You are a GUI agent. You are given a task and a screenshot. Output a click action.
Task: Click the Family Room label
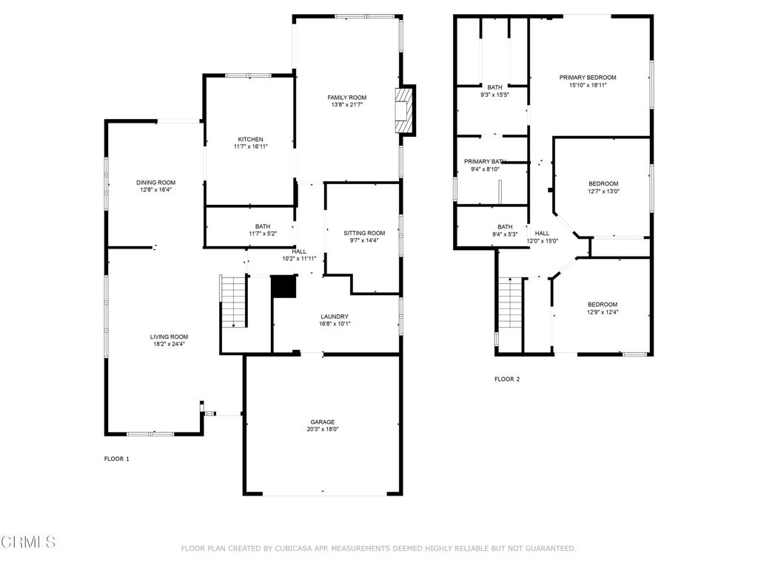(x=347, y=98)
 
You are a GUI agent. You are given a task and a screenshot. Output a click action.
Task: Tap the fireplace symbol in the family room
(x=403, y=111)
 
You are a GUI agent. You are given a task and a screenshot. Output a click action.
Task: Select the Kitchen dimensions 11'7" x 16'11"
(x=250, y=146)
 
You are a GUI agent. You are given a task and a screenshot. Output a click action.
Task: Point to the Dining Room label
(x=155, y=182)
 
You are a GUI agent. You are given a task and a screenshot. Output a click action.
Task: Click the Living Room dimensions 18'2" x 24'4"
(x=170, y=343)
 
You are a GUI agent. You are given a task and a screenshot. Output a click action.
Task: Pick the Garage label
(x=323, y=422)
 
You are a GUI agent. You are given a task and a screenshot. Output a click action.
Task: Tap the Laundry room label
(x=335, y=317)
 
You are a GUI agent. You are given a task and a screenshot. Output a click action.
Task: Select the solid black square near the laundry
(x=284, y=286)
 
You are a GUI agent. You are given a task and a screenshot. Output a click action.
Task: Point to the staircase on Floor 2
(x=509, y=305)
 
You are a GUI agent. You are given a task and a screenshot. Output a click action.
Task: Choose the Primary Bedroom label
(x=588, y=78)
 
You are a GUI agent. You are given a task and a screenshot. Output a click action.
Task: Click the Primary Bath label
(x=485, y=161)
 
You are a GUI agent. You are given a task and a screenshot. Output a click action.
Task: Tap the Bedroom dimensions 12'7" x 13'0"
(x=603, y=191)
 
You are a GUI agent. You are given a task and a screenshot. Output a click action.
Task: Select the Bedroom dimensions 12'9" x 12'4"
(x=603, y=312)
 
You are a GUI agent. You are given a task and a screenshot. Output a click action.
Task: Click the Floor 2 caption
(x=507, y=379)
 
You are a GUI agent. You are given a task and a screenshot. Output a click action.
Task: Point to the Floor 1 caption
(x=116, y=459)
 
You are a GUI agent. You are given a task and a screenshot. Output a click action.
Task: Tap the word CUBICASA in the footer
(x=283, y=548)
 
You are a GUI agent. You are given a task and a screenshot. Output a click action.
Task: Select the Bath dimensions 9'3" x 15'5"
(x=494, y=95)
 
